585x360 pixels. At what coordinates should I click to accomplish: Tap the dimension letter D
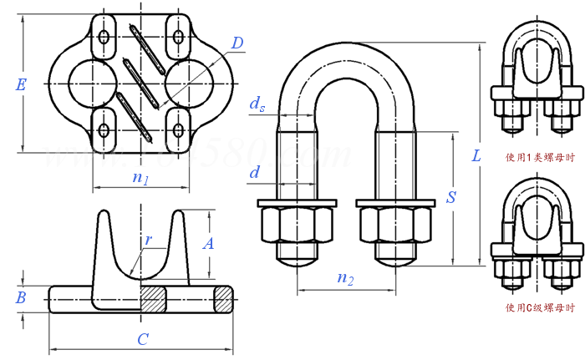point(237,41)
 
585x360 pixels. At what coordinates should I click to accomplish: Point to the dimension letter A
point(209,244)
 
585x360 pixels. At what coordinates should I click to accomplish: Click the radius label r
point(149,240)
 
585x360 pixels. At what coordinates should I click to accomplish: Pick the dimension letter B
point(23,297)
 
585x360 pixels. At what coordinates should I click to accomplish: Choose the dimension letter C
point(143,339)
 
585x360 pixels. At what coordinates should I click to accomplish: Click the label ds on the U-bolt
point(259,104)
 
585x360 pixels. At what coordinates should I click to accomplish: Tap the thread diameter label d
point(255,173)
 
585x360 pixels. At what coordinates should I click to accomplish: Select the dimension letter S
point(450,198)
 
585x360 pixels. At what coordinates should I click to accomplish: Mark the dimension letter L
point(476,155)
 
